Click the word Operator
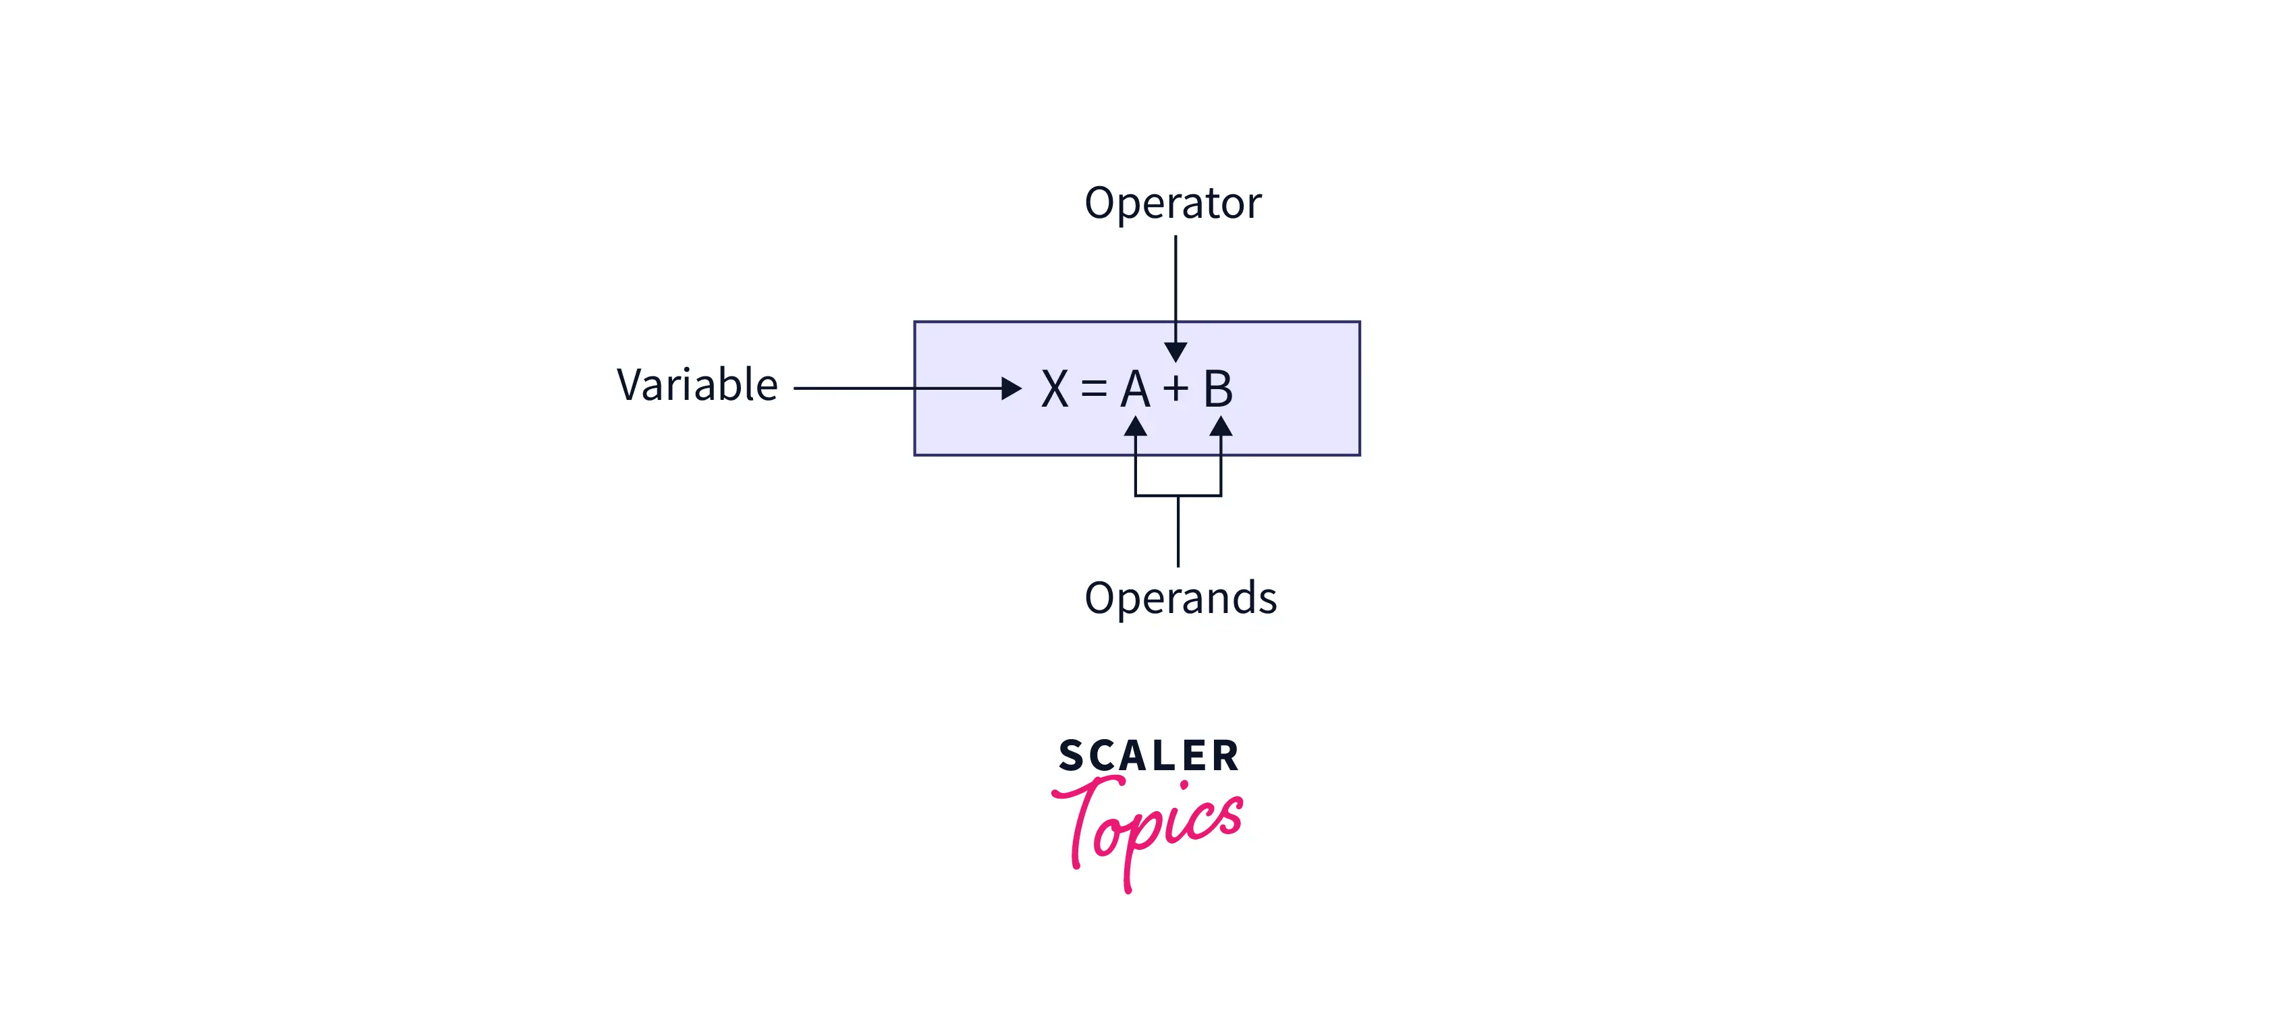click(x=1172, y=203)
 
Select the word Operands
click(x=1180, y=598)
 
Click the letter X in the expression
click(x=1055, y=389)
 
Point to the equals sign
click(x=1094, y=388)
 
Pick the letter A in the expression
click(x=1135, y=389)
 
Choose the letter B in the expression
click(x=1218, y=389)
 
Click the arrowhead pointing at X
click(x=1011, y=388)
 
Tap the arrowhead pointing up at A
click(x=1135, y=427)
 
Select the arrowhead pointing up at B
click(x=1221, y=427)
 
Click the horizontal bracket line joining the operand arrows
click(x=1178, y=495)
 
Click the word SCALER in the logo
click(x=1149, y=756)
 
